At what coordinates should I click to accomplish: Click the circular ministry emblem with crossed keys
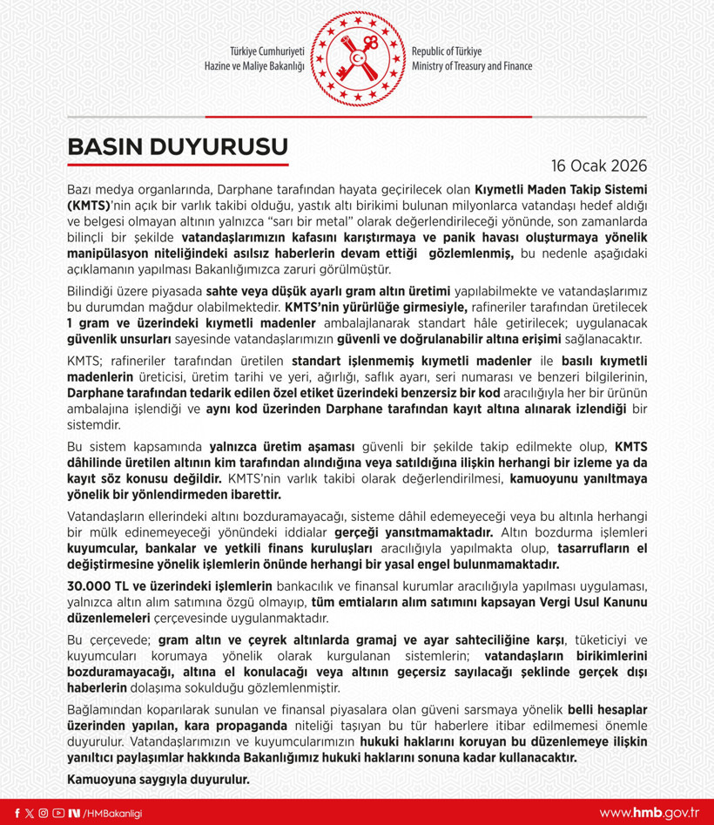pos(356,57)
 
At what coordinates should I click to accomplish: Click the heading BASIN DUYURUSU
pos(177,145)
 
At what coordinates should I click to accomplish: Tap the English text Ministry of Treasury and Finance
pos(471,66)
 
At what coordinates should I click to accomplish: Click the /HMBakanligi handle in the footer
pos(111,813)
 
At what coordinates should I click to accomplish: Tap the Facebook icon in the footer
pos(17,813)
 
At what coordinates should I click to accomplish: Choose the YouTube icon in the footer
pos(57,813)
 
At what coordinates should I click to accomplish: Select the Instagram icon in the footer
pos(44,813)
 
